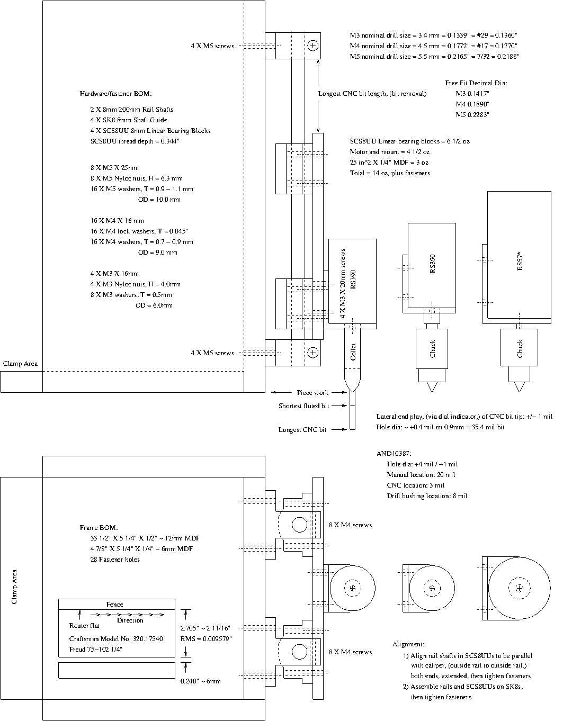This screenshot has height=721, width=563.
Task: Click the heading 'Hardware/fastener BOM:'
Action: (116, 94)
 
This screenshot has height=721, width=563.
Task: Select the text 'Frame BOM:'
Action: (99, 528)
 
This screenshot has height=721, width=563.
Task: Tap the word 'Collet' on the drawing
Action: (353, 352)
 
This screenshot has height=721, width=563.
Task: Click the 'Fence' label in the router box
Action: (114, 604)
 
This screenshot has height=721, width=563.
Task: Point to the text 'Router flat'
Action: (84, 625)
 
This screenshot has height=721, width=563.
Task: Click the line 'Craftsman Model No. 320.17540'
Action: (116, 639)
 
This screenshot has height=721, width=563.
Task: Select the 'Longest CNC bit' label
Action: (302, 430)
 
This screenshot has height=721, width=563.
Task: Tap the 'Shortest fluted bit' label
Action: (303, 406)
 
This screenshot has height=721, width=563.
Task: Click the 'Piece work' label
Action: (312, 392)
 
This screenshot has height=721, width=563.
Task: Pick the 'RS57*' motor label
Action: (520, 261)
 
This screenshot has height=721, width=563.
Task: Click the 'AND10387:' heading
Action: (394, 454)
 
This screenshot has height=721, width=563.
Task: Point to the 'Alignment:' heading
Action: (408, 644)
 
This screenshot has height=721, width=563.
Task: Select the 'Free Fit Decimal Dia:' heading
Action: (476, 83)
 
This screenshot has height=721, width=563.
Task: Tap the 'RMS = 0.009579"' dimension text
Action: (206, 639)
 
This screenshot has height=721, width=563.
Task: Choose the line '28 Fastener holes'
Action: (115, 560)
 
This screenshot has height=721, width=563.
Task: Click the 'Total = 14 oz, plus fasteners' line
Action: (390, 173)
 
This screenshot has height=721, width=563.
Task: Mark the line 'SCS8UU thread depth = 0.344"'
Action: (135, 141)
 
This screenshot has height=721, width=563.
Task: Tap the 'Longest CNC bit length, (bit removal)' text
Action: (372, 94)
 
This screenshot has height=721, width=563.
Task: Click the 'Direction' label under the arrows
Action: (130, 620)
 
